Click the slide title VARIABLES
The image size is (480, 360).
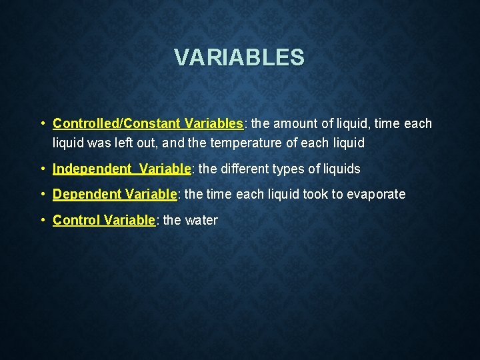point(239,57)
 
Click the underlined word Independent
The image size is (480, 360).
point(92,169)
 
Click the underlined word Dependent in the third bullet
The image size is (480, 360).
point(87,195)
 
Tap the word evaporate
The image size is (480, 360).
point(373,195)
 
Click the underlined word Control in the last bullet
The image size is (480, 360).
point(77,220)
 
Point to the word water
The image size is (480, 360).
point(200,220)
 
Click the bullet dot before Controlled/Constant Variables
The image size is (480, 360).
point(42,124)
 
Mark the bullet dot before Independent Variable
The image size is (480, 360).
point(42,169)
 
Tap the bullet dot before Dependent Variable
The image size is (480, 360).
point(42,195)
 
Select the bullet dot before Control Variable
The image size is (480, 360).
point(42,220)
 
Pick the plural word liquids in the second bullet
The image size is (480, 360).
point(341,169)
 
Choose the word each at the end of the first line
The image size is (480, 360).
point(418,124)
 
